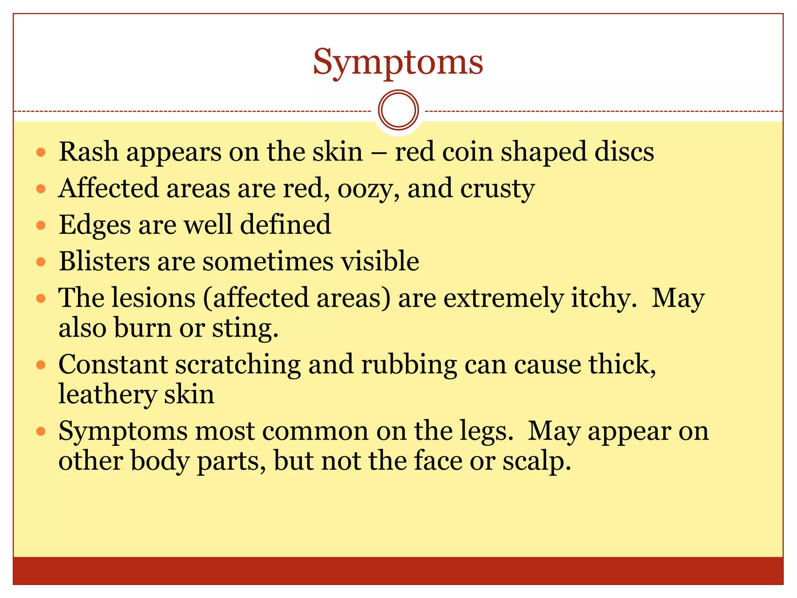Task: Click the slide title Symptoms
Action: point(398,62)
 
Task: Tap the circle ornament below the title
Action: point(398,110)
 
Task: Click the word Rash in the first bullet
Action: point(88,151)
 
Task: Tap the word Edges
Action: point(95,225)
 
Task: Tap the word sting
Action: point(245,328)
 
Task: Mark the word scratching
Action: point(238,365)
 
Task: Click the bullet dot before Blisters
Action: point(41,262)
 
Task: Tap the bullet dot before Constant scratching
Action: point(41,365)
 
